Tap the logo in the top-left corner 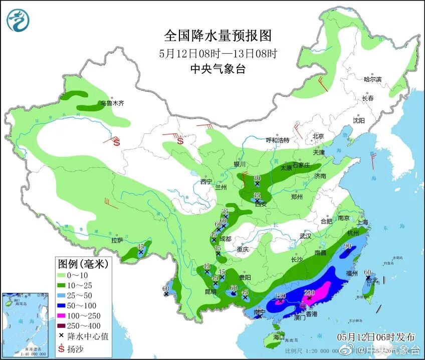(x=18, y=20)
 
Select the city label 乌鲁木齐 (x=111, y=104)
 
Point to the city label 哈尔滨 (x=372, y=79)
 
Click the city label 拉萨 (x=117, y=241)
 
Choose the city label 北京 (x=318, y=136)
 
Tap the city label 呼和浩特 (x=277, y=140)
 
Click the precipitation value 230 (x=309, y=292)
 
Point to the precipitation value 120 (x=280, y=296)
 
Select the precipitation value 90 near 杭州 (x=347, y=246)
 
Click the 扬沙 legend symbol (x=63, y=346)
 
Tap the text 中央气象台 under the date (x=218, y=69)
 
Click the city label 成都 (x=226, y=239)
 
